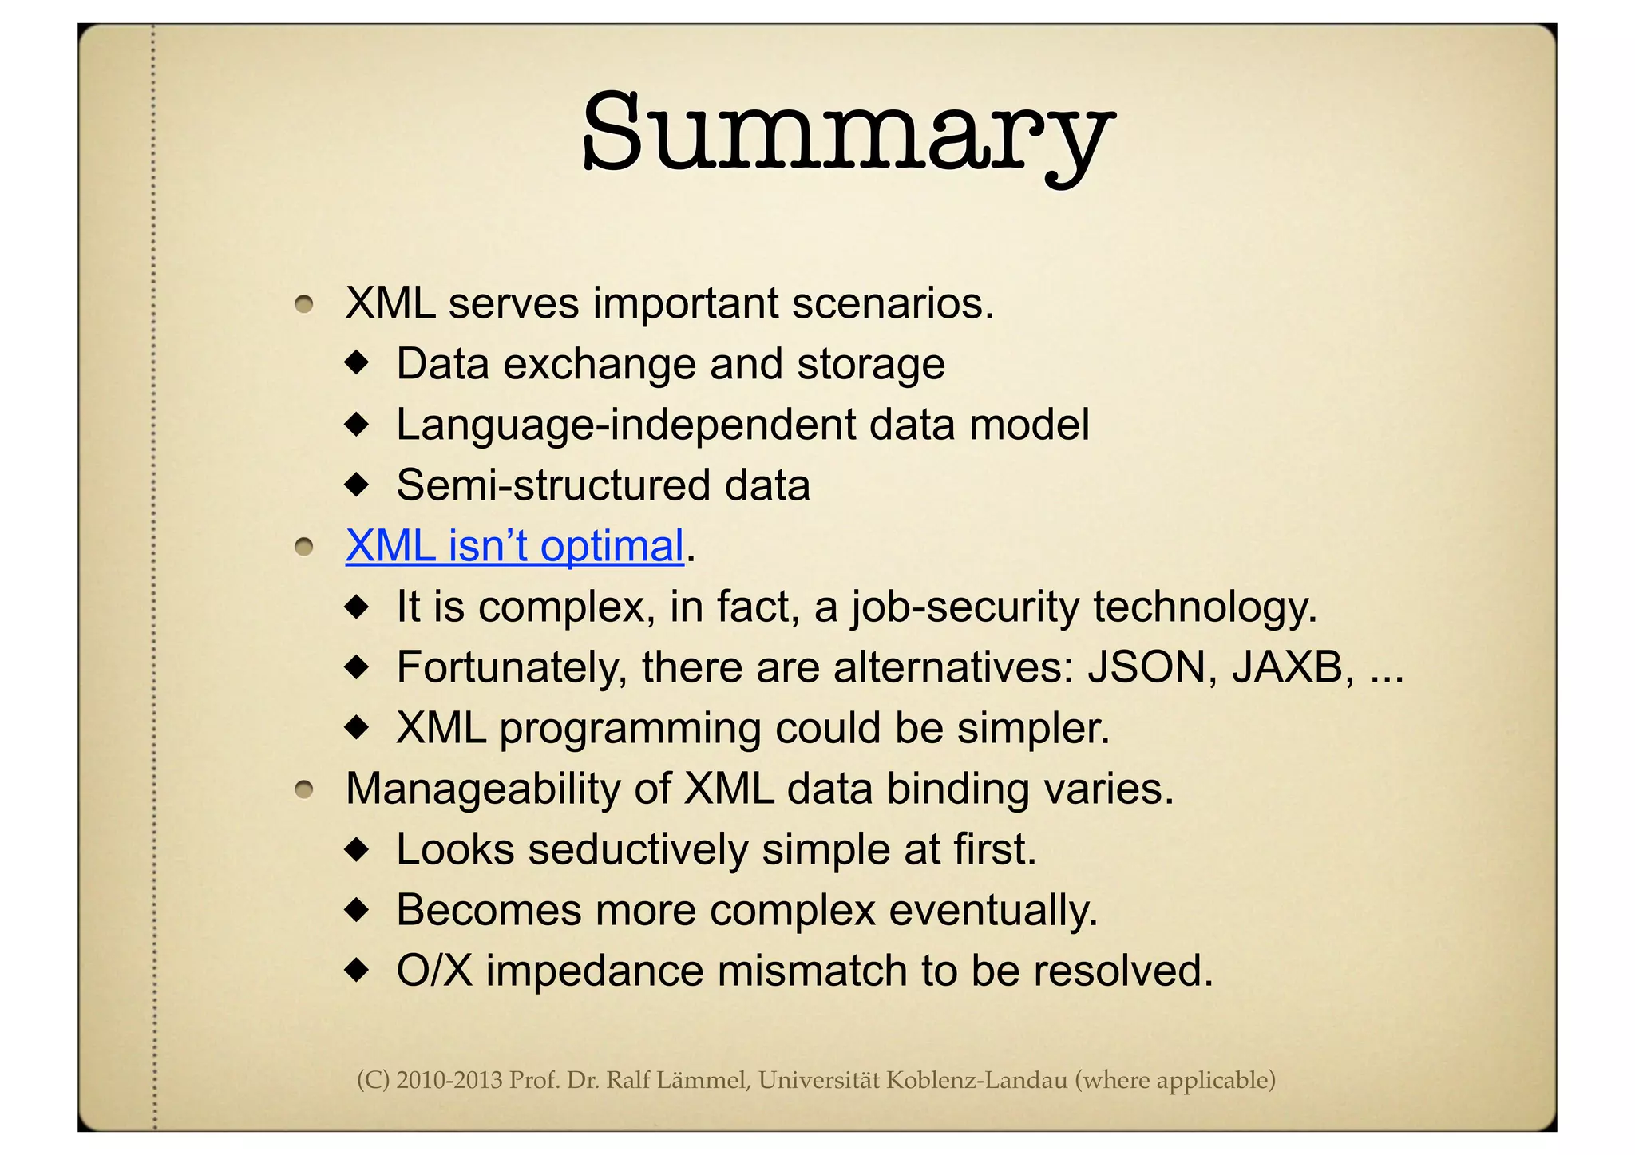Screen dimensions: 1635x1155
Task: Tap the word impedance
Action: click(595, 972)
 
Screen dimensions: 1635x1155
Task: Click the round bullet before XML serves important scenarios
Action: click(303, 305)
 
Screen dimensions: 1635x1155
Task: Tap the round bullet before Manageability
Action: click(303, 790)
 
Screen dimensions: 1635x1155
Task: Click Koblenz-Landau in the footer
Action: click(976, 1080)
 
